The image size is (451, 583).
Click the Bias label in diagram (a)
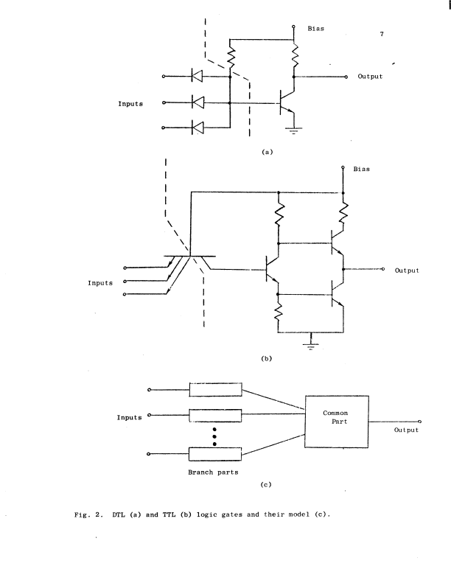tap(315, 29)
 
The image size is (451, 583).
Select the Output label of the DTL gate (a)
tap(370, 77)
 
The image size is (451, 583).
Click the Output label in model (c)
tap(405, 430)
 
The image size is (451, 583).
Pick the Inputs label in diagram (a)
tap(130, 104)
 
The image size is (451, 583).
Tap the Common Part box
tap(335, 418)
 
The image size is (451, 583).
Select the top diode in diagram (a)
tap(197, 75)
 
